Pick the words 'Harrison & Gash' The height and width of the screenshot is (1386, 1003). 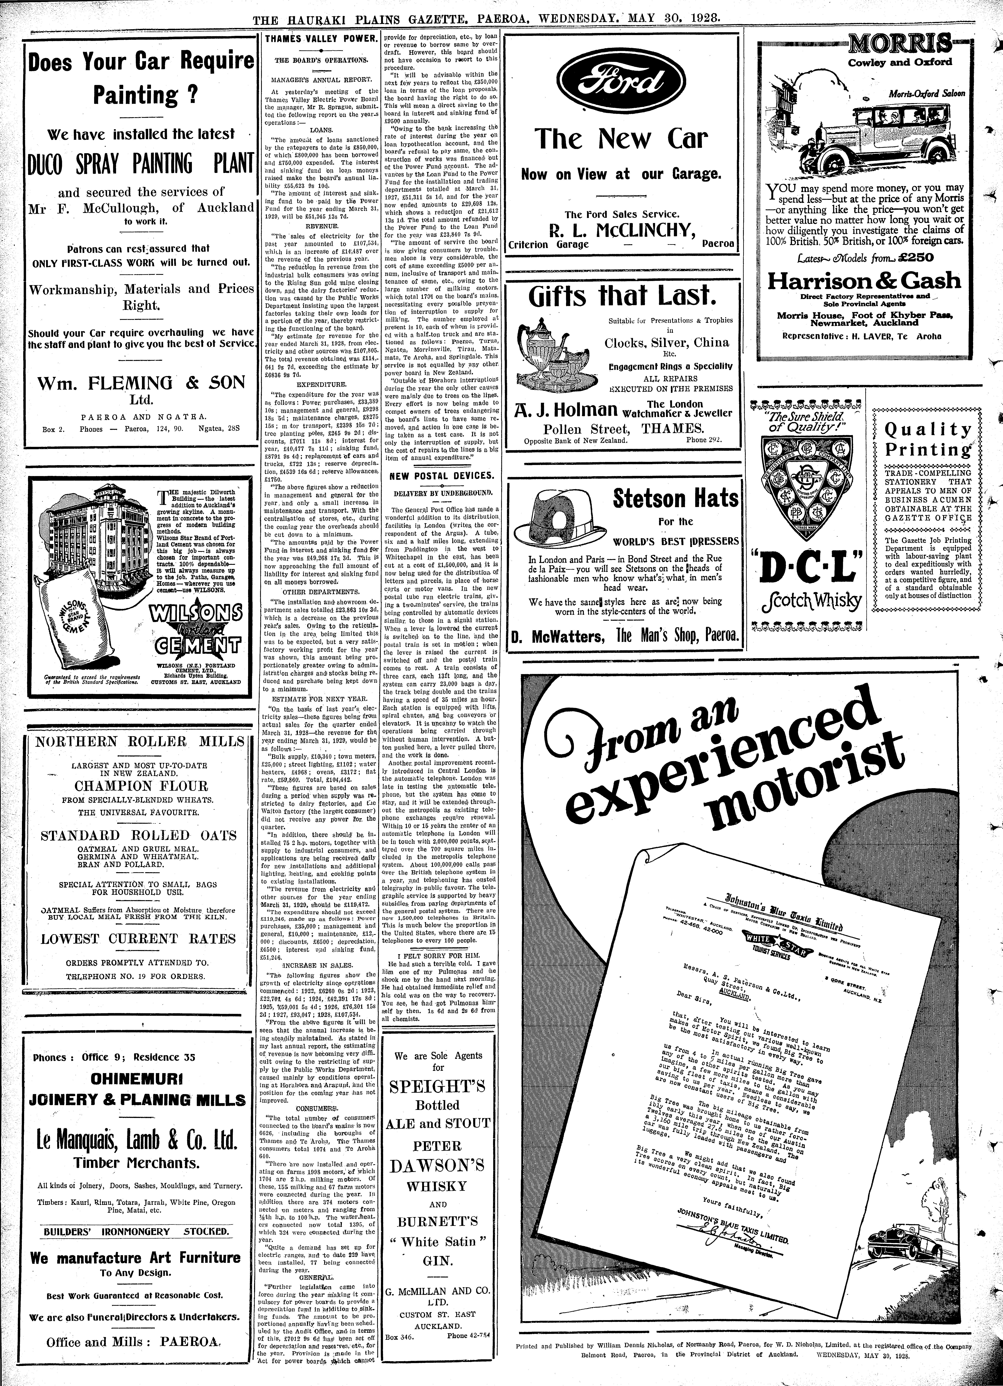(x=864, y=281)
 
